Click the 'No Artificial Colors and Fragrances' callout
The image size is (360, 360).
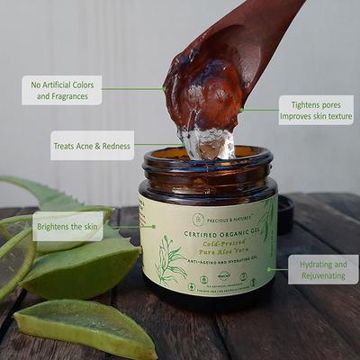(x=61, y=90)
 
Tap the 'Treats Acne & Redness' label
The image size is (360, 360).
(x=92, y=145)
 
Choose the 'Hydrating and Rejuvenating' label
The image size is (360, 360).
(x=324, y=269)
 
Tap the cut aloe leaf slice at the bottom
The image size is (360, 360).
(x=85, y=328)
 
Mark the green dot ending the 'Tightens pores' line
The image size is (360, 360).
(x=242, y=110)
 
